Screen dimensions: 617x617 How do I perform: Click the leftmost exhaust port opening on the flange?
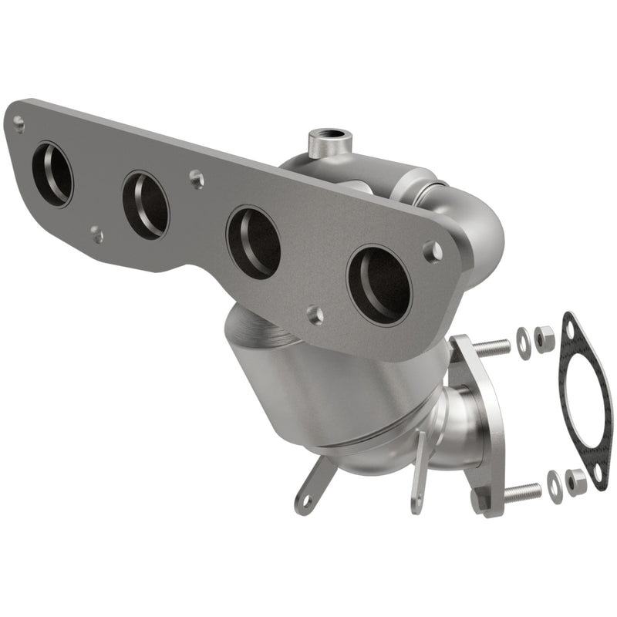click(52, 174)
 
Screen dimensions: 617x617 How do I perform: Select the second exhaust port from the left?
click(145, 204)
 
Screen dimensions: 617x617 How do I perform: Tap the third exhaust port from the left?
click(253, 242)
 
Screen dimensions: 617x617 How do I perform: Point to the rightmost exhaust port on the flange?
click(379, 285)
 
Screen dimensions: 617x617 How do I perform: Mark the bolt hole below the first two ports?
click(96, 232)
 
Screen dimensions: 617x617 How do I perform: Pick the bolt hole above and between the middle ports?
click(197, 179)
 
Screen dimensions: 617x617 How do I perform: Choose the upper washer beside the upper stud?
click(524, 337)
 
